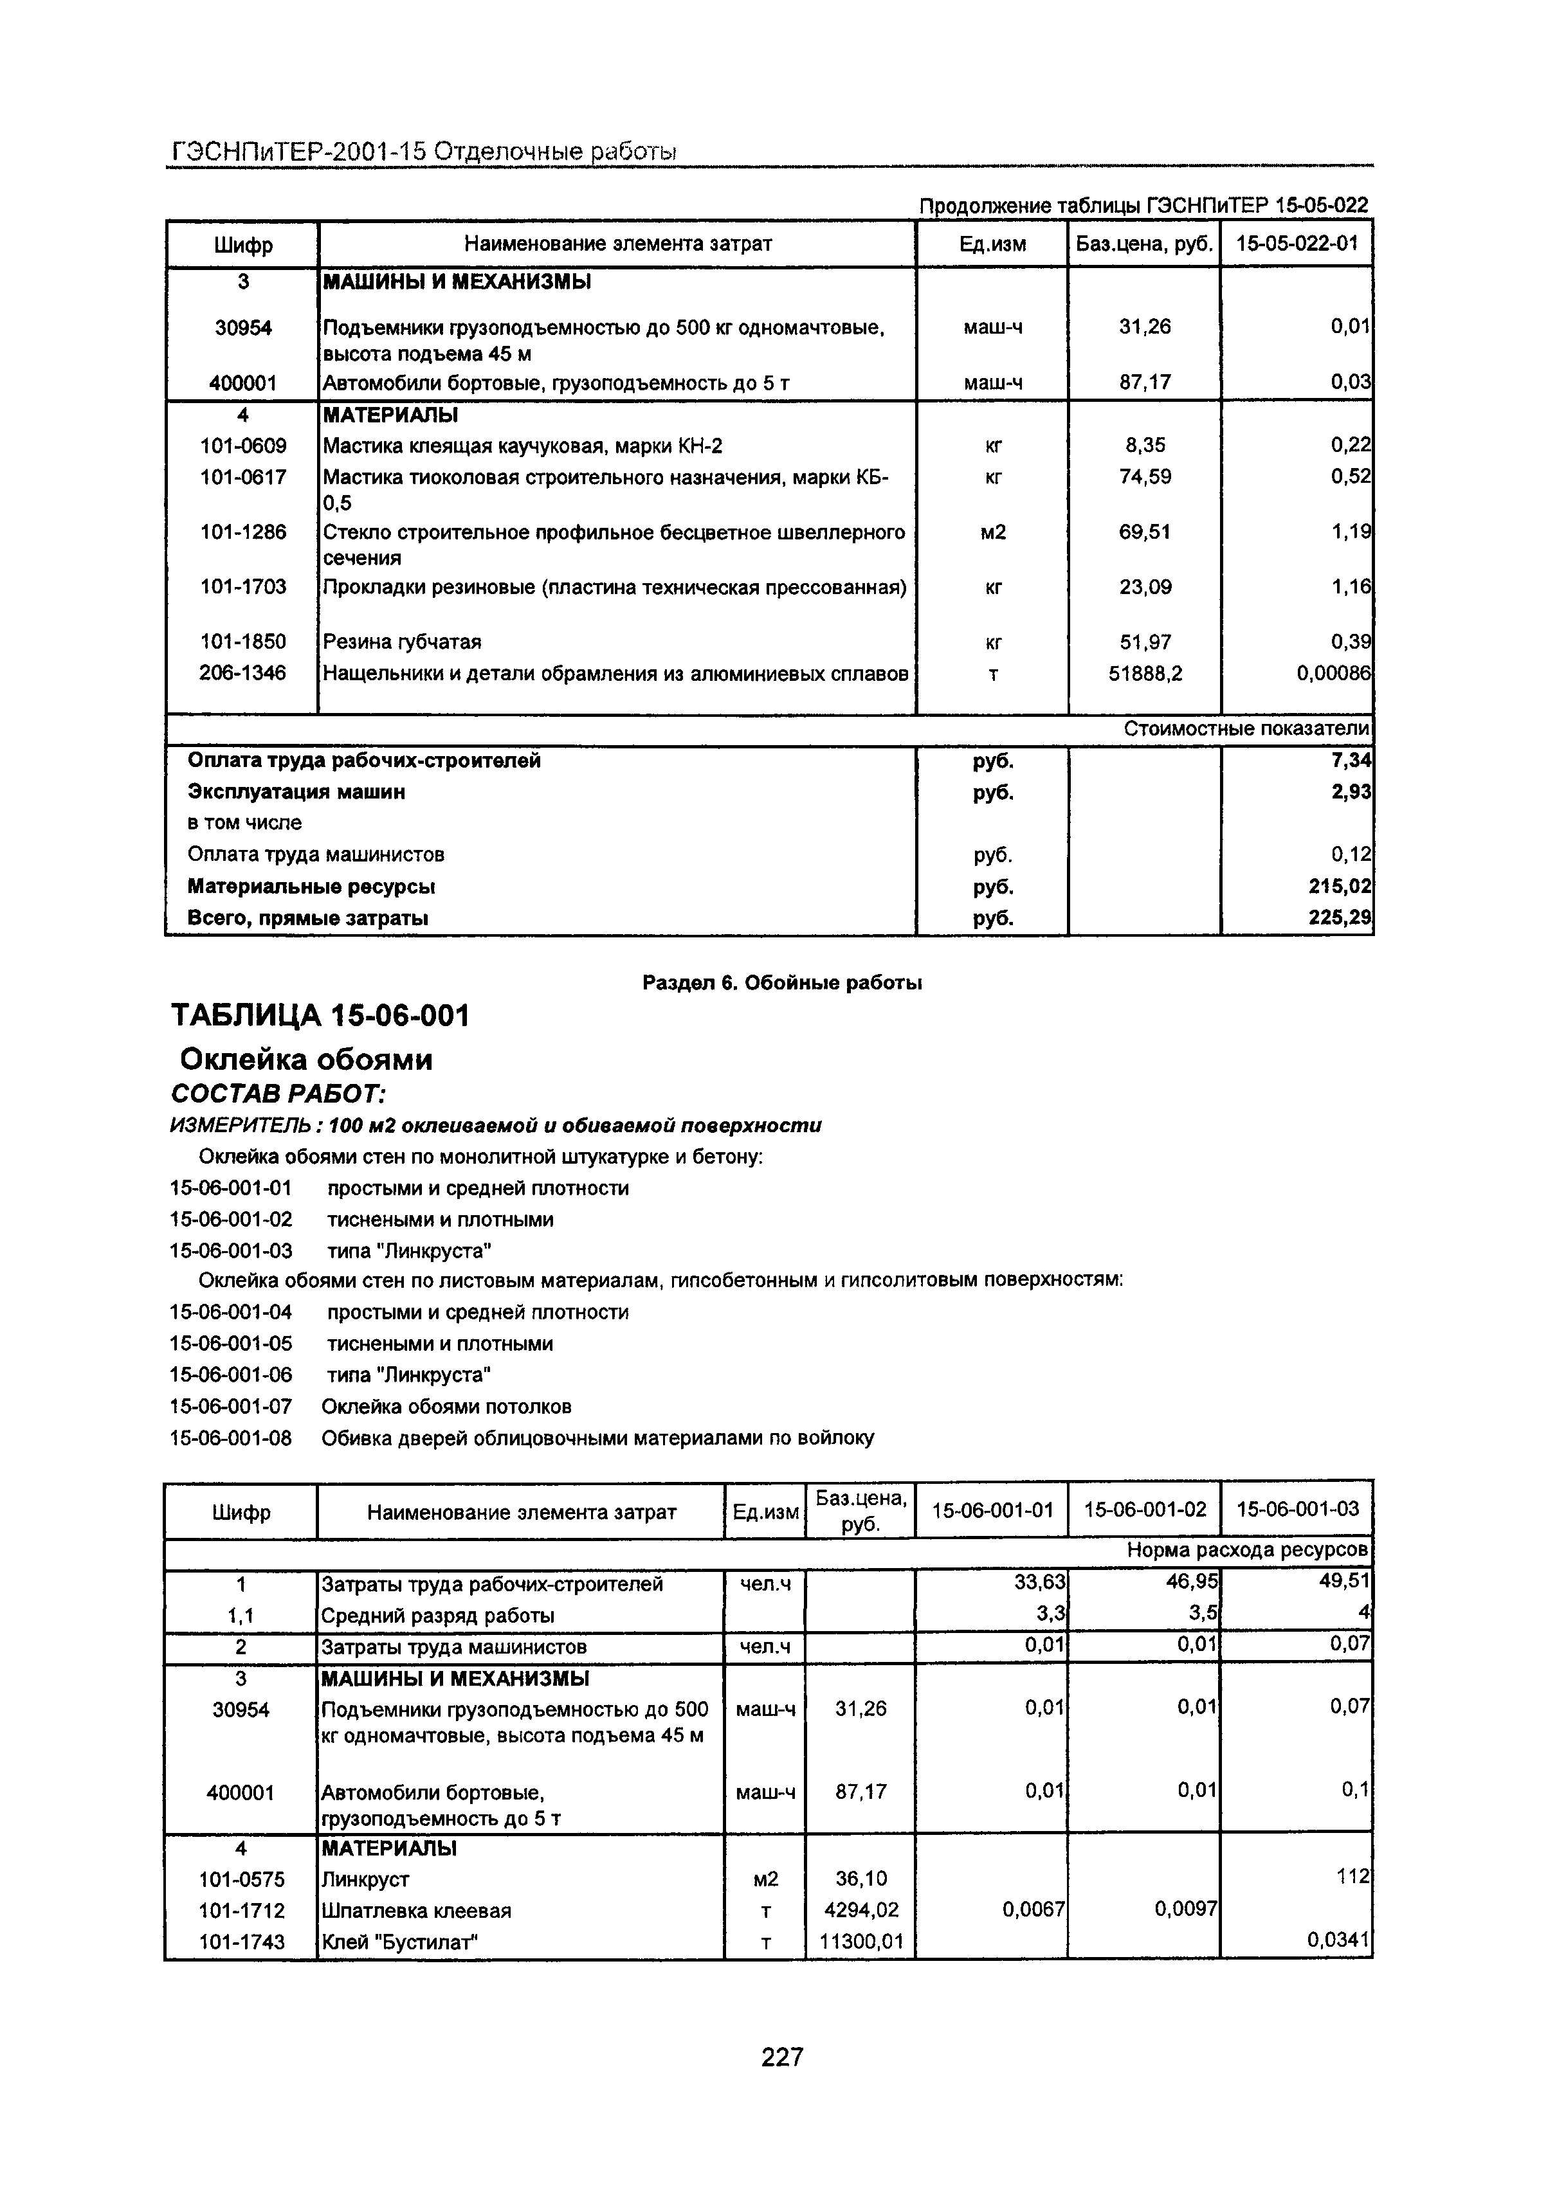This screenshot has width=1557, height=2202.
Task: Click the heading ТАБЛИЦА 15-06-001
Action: pyautogui.click(x=320, y=1015)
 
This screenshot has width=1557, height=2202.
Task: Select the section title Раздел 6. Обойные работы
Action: pyautogui.click(x=782, y=982)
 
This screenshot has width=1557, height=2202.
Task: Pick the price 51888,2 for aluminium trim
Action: pyautogui.click(x=1145, y=674)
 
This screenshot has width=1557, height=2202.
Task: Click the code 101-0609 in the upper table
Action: pyautogui.click(x=242, y=445)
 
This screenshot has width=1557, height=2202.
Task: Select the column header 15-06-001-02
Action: pyautogui.click(x=1145, y=1508)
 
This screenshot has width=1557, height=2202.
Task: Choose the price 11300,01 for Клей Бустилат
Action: pyautogui.click(x=860, y=1942)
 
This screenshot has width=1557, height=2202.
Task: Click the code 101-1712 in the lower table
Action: pyautogui.click(x=242, y=1909)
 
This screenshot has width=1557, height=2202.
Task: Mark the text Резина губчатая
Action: pyautogui.click(x=402, y=642)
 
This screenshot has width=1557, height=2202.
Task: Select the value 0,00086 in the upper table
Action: pyautogui.click(x=1333, y=674)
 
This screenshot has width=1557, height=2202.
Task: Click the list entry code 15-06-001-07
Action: pyautogui.click(x=230, y=1407)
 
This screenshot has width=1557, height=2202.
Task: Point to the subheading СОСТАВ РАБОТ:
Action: pyautogui.click(x=278, y=1094)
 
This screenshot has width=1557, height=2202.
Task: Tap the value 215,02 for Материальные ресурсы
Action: pyautogui.click(x=1340, y=886)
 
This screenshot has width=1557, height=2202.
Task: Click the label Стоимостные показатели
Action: pyautogui.click(x=1245, y=729)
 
